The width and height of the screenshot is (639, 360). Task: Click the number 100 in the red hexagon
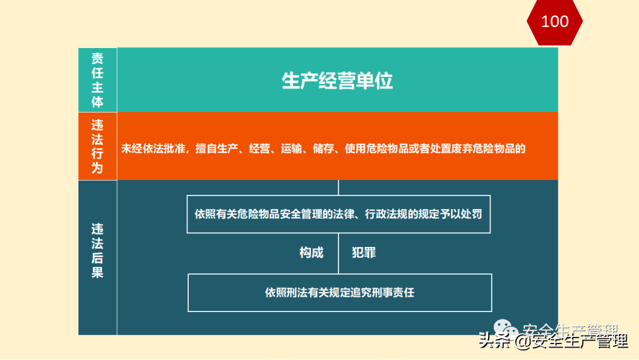554,22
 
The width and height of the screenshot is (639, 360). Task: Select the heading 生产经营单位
337,81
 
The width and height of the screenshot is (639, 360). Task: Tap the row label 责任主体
98,80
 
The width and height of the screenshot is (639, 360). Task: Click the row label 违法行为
98,146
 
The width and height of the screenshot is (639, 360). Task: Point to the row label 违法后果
98,250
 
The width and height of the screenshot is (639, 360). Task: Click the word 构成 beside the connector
311,253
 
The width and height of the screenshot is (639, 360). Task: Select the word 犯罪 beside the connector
364,253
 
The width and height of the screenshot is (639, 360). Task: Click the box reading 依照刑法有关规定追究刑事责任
340,292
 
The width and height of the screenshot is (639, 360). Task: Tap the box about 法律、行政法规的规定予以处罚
338,214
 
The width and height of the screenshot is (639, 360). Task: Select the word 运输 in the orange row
290,149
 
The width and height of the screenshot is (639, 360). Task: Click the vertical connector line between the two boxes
338,253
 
